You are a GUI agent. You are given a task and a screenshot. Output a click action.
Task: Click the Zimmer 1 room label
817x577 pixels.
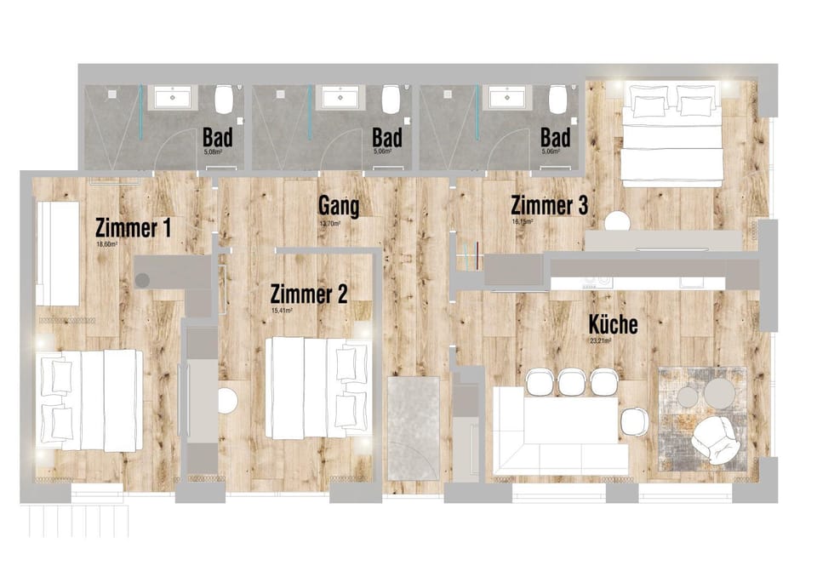(134, 228)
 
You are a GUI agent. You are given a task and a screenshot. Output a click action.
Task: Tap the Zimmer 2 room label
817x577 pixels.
(308, 295)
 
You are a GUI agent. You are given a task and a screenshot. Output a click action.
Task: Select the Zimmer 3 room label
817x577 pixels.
(549, 206)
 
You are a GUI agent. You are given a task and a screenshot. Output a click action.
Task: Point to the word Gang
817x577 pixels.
(338, 206)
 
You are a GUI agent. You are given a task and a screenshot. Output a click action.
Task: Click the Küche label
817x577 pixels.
(613, 324)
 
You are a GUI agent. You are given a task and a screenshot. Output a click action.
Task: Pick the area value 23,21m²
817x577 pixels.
(602, 340)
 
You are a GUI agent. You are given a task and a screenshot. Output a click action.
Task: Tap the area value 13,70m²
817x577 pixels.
(329, 224)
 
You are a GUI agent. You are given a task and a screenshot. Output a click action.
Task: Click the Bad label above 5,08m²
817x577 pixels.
(217, 137)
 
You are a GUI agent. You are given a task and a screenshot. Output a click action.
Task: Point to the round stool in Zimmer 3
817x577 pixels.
(617, 221)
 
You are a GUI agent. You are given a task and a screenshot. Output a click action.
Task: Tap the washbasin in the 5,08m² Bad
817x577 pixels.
(177, 98)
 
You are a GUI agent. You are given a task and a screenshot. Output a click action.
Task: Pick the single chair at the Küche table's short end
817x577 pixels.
(633, 421)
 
